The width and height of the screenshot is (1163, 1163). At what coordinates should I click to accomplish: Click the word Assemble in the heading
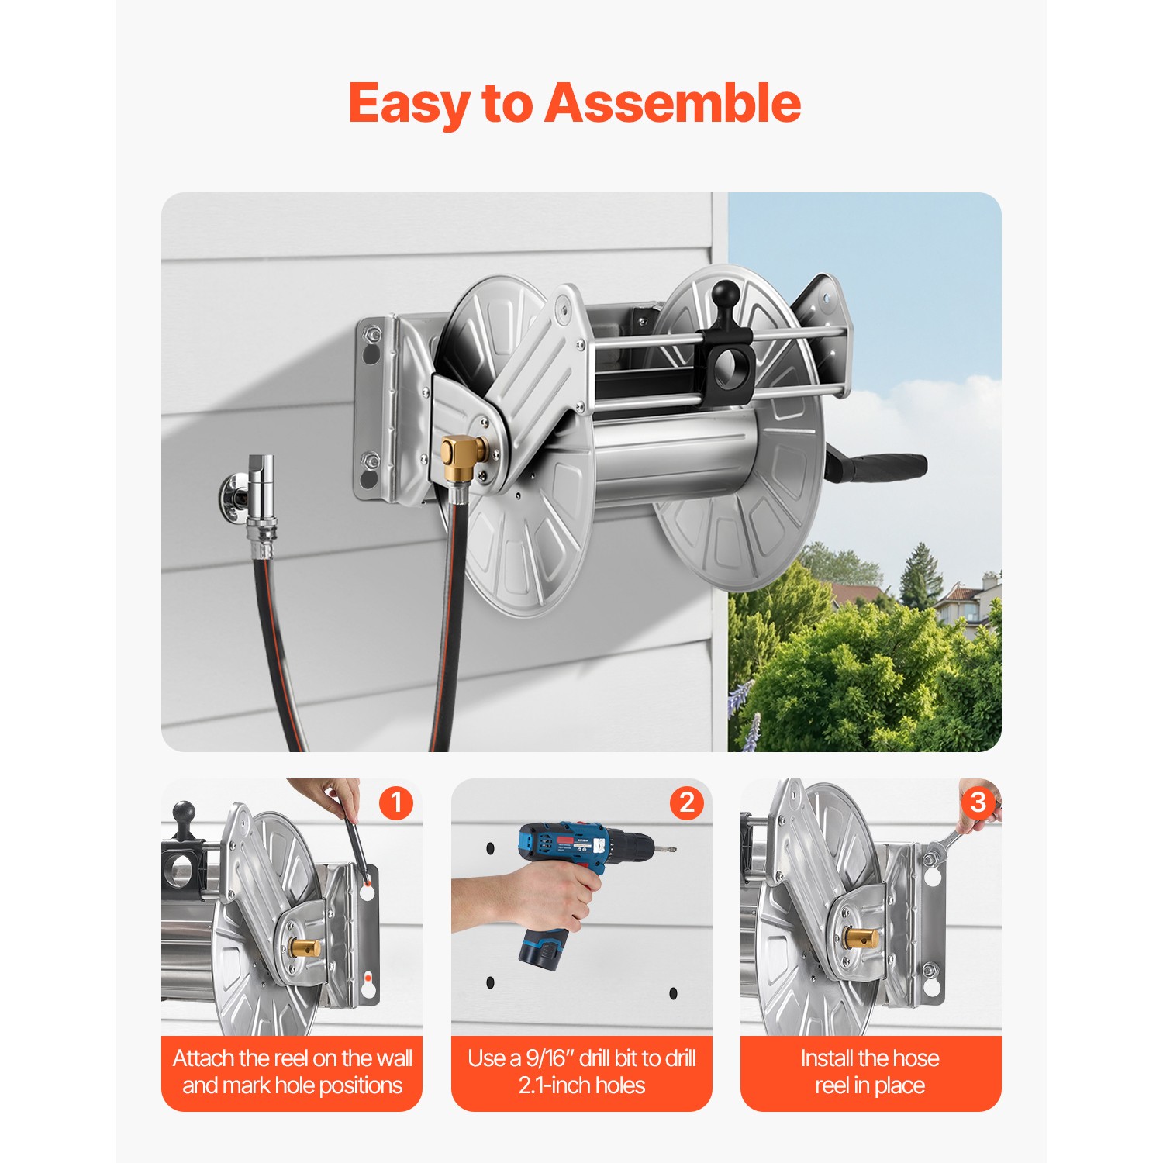[672, 103]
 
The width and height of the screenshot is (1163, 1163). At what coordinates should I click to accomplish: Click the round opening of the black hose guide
[730, 370]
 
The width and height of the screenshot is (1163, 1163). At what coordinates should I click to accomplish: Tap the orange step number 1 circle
[396, 802]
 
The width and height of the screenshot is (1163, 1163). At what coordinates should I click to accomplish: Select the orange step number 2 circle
[687, 802]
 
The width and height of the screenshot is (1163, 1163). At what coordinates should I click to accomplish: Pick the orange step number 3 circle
[978, 802]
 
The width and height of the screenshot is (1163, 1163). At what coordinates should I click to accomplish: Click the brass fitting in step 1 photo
[304, 947]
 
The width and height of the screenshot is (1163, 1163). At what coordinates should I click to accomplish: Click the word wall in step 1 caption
[393, 1058]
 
